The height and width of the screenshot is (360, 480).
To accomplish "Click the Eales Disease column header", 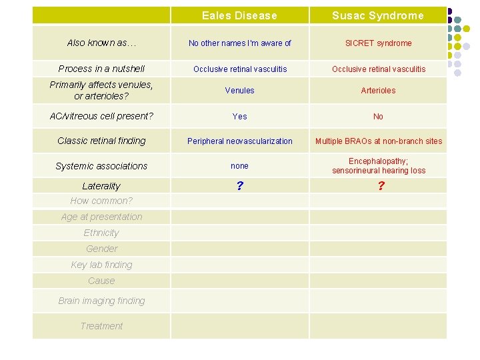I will [239, 15].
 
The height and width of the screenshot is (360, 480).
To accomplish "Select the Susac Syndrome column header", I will [378, 15].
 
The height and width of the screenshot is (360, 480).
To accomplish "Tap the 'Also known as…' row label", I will [101, 43].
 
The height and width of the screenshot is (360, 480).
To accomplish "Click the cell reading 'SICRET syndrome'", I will [378, 43].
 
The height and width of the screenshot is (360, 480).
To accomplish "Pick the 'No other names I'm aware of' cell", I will [239, 43].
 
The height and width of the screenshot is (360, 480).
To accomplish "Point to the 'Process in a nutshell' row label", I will [101, 69].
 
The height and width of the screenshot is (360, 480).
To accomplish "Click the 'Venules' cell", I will [239, 91].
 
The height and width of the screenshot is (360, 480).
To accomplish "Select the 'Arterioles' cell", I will [378, 91].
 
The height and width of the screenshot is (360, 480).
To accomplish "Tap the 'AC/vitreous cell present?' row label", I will [101, 116].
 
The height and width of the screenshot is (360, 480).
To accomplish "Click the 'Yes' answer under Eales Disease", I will [239, 117].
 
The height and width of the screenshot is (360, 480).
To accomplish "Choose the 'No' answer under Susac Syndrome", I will [378, 117].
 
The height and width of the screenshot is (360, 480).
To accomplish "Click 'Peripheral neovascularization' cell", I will [239, 141].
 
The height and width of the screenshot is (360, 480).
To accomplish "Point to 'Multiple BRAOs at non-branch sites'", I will [378, 141].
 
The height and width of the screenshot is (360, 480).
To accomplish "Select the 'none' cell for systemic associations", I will [239, 166].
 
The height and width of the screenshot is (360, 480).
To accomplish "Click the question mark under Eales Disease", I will [239, 186].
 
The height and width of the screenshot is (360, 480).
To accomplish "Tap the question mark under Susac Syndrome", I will [381, 186].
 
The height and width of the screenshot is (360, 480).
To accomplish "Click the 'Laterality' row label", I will [101, 186].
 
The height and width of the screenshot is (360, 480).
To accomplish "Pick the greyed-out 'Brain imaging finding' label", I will [101, 301].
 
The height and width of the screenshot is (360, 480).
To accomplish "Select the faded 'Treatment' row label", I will [101, 326].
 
